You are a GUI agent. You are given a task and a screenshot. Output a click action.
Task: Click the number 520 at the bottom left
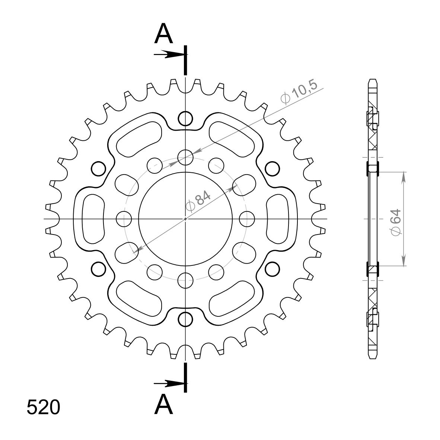(x=44, y=407)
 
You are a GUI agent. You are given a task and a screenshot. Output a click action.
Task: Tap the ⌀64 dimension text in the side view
(x=396, y=222)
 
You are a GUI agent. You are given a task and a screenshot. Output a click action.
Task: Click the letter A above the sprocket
(x=163, y=34)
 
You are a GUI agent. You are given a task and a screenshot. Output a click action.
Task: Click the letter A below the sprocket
(x=163, y=404)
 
